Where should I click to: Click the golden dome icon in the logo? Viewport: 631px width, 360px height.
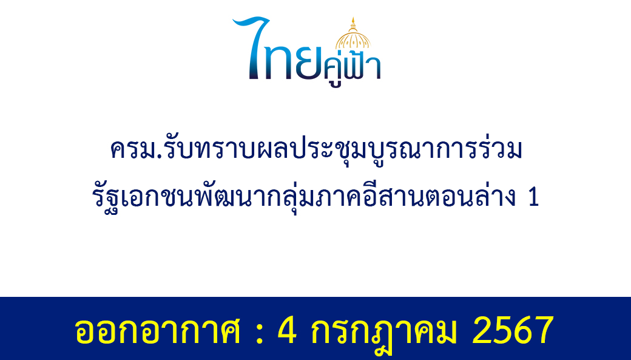click(x=353, y=33)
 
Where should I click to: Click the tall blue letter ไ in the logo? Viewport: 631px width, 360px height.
click(x=252, y=47)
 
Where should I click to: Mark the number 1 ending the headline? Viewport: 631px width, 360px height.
click(x=533, y=198)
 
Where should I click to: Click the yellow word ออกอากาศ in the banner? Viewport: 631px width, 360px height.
click(x=157, y=331)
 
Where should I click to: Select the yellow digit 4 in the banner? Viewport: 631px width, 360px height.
click(x=288, y=330)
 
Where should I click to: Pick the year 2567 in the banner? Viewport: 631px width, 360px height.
click(x=513, y=330)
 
